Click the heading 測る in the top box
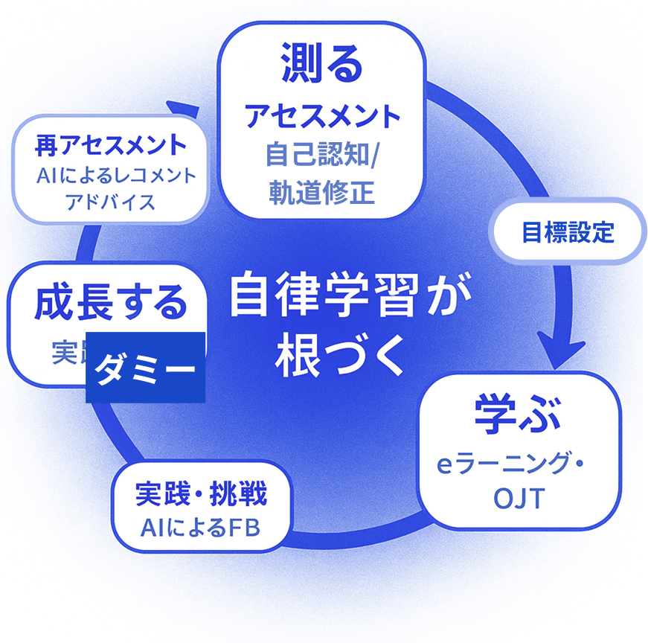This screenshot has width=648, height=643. (321, 64)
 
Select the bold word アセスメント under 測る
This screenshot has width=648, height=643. (322, 115)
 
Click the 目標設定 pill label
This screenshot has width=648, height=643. (568, 232)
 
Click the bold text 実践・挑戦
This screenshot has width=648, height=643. (202, 493)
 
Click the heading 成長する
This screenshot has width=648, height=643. (110, 303)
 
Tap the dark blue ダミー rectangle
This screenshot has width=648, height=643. (145, 367)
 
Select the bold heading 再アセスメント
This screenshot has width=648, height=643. (110, 144)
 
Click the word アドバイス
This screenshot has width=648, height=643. (110, 202)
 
